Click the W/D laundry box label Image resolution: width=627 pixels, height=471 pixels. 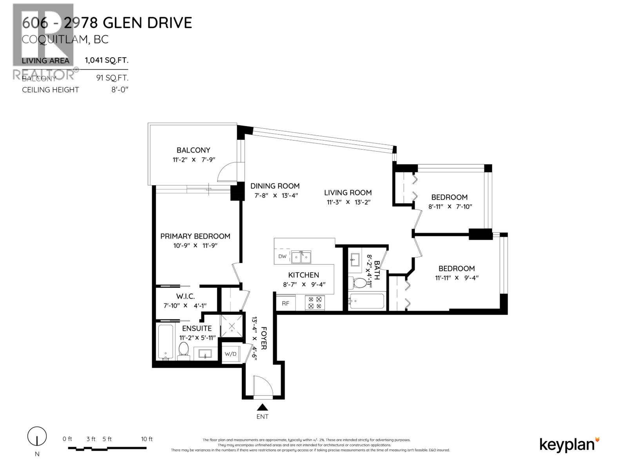(230, 354)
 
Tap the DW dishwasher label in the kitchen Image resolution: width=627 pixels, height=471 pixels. (282, 257)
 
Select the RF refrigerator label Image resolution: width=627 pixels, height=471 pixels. (285, 303)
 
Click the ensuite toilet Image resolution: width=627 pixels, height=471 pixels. (183, 350)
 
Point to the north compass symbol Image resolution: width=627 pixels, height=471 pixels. (37, 436)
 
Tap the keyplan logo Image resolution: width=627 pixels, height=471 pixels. (569, 444)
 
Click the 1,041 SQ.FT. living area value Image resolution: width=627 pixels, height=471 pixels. (107, 60)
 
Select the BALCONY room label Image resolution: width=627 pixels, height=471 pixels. (193, 150)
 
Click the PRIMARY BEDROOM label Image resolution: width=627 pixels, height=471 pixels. (195, 236)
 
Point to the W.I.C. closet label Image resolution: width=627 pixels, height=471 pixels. (185, 297)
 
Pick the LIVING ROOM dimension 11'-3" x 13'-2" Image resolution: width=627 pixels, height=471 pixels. (348, 203)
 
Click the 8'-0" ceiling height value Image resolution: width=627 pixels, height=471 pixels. (120, 89)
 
